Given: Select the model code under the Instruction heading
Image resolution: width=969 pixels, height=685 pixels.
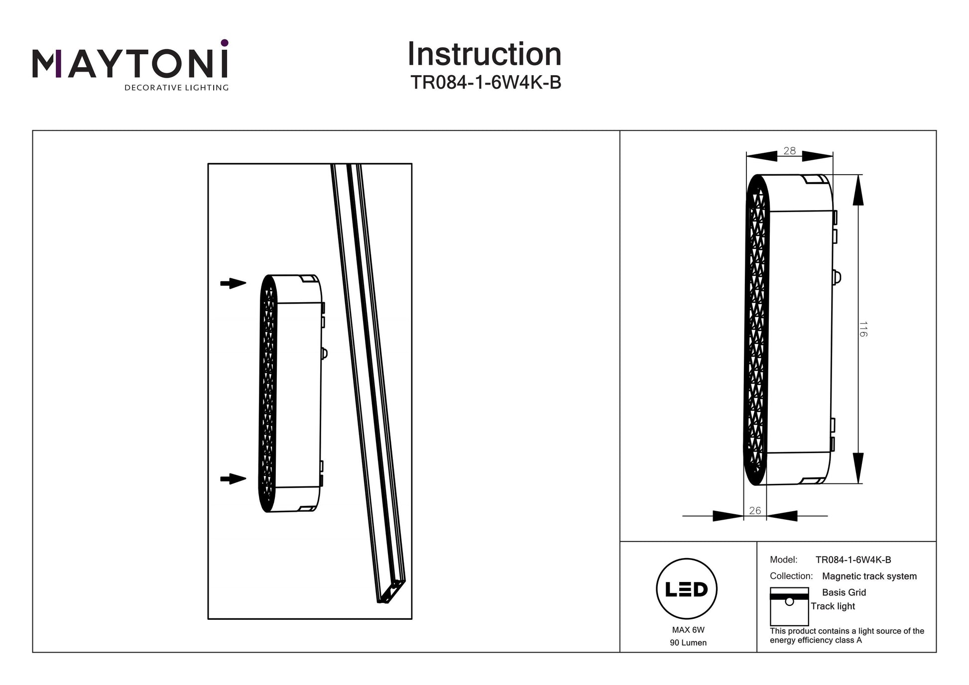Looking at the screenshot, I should click(x=485, y=83).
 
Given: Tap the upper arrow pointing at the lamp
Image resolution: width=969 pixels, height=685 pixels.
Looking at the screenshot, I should click(x=233, y=283).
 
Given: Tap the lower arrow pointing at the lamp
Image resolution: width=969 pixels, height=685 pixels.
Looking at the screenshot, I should click(x=233, y=479).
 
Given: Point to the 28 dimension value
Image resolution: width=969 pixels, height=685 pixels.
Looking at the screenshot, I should click(x=789, y=150).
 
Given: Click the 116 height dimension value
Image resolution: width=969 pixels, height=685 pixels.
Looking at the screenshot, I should click(x=863, y=329).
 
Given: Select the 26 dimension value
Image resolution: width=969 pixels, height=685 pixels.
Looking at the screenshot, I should click(x=755, y=510).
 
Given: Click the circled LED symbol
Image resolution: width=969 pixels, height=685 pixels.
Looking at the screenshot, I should click(x=687, y=589).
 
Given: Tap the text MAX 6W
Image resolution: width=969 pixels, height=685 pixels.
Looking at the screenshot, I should click(x=688, y=630).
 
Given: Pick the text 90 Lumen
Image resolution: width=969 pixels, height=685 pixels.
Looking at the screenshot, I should click(x=688, y=643).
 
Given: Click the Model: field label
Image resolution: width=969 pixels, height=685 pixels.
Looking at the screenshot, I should click(x=783, y=560).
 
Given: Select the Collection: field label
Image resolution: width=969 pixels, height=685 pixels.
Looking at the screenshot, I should click(x=791, y=576).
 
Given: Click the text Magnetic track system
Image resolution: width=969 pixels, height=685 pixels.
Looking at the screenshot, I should click(x=869, y=576).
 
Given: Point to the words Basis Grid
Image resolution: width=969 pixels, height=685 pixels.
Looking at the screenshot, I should click(x=844, y=592).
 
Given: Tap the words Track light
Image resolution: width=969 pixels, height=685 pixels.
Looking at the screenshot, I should click(x=833, y=606).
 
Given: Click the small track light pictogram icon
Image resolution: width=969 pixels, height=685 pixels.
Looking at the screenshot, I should click(x=789, y=606).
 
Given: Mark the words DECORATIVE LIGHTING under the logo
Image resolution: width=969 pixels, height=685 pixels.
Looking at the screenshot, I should click(x=176, y=88).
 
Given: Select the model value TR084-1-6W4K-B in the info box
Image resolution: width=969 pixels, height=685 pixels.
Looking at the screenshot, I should click(x=853, y=560).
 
